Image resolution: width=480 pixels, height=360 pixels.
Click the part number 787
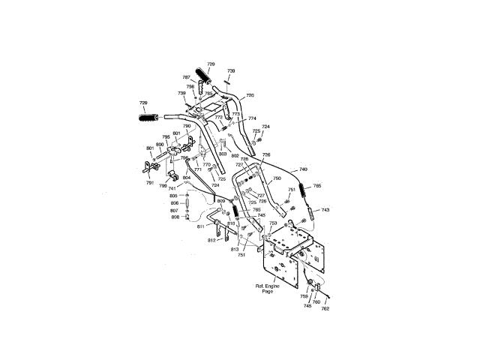coord(186,77)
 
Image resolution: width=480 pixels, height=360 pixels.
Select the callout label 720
coord(250,95)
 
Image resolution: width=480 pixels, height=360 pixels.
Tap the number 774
coord(252,118)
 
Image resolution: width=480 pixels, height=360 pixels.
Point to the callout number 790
coord(187,126)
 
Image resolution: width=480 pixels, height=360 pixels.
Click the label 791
coord(150,183)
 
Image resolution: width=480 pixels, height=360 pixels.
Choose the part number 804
coord(186,178)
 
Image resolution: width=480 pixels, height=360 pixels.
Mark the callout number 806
coord(174,203)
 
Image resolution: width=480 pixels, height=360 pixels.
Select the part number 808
coord(174,217)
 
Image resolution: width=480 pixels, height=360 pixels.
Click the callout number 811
coord(200,226)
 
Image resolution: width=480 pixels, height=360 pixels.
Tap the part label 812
coord(211,240)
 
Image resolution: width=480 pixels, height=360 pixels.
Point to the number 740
coord(303,169)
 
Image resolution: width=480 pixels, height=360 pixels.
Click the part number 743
coord(325,210)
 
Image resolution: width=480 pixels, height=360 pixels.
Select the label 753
coord(272,223)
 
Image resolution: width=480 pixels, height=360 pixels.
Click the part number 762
coord(325,308)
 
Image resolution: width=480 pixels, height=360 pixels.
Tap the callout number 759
coord(304,297)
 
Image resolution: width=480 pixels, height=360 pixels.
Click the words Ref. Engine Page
coord(268,289)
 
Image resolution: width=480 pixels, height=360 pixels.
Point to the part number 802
coord(234,156)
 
